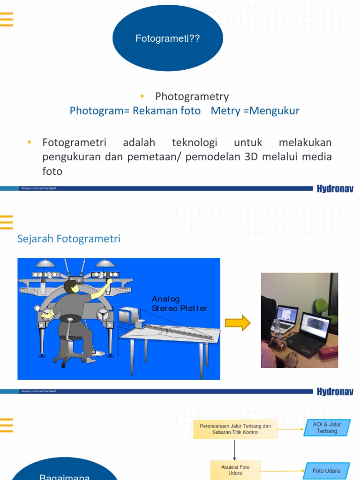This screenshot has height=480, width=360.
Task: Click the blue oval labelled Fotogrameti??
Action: pos(167,39)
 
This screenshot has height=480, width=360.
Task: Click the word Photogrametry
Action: pos(192,97)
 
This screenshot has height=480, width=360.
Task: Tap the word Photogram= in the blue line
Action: pos(99,111)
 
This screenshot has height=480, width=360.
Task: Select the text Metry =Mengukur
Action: pos(255,111)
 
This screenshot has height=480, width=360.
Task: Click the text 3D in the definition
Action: pos(249,157)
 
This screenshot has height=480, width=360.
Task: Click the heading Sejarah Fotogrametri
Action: pos(69,239)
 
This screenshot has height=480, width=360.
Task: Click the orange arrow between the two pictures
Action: pos(238,323)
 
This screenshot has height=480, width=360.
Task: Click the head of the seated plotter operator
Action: pos(71,286)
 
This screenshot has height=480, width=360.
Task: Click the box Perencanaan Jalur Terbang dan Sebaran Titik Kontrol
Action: pos(235,429)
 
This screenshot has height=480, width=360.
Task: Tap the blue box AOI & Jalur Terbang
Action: pos(327,428)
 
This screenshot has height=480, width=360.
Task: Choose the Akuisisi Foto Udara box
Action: pos(235,470)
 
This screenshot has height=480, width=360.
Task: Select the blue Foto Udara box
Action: pos(326,471)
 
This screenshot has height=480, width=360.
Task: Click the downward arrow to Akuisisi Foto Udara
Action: pos(235,450)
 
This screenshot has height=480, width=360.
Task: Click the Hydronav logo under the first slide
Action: pos(335,189)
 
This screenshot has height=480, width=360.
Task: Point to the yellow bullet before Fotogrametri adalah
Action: pos(30,142)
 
